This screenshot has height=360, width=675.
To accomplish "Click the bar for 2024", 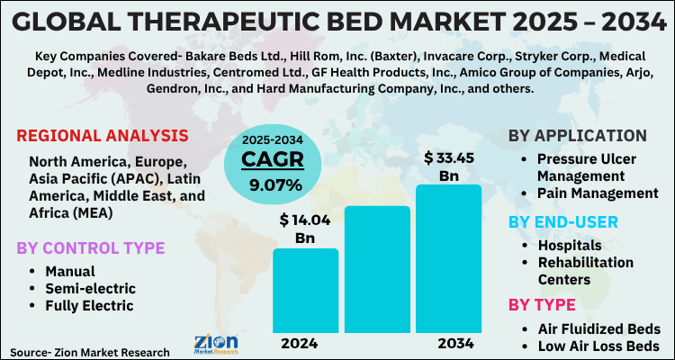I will [305, 291].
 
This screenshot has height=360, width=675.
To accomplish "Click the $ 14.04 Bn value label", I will [305, 227].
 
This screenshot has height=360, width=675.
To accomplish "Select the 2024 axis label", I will [305, 344].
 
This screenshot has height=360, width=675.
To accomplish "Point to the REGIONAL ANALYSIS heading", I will [103, 136].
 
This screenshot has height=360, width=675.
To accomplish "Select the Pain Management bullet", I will [598, 193].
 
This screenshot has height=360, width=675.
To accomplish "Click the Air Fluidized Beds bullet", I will [599, 328].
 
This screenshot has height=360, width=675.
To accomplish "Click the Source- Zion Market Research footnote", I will [90, 351].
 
